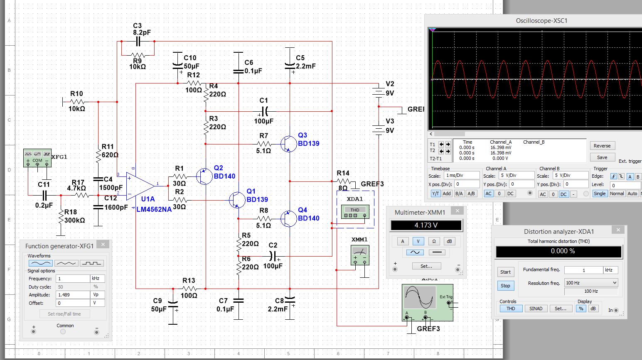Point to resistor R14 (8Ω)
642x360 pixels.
tap(343, 181)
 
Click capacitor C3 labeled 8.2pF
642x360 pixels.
tap(138, 42)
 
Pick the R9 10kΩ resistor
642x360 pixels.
tap(138, 55)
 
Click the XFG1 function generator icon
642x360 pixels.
tap(37, 158)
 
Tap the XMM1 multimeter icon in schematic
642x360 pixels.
tap(359, 255)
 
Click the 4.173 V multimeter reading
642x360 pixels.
tap(426, 225)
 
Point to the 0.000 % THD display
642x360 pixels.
tap(559, 251)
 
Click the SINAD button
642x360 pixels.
tap(536, 309)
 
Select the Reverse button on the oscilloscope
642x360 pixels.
tap(602, 146)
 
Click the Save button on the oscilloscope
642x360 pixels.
tap(602, 157)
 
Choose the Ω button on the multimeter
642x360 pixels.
tap(434, 241)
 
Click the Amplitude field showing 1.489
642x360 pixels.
tap(73, 295)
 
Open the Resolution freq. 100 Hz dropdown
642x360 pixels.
tap(590, 283)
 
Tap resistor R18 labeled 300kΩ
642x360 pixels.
tap(61, 216)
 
